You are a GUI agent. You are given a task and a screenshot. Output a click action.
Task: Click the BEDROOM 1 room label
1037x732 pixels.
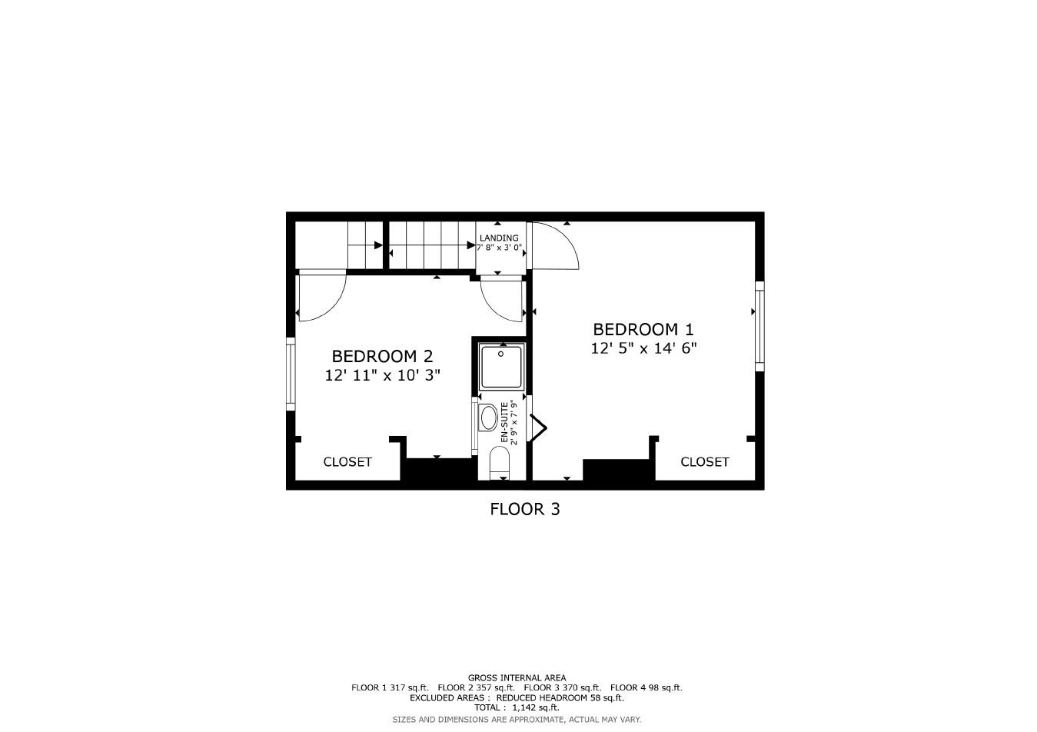[643, 330]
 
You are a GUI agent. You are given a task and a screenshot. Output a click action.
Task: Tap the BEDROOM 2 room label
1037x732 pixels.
[382, 357]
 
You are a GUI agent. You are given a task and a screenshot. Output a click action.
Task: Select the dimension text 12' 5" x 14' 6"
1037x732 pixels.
[643, 348]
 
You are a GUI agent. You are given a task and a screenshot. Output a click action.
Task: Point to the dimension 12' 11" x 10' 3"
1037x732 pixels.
[382, 376]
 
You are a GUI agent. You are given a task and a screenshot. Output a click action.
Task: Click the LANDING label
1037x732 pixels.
[499, 238]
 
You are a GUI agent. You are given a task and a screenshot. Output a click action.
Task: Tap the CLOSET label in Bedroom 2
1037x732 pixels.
[347, 462]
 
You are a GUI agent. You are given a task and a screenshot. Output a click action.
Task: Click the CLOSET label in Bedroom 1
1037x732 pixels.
[704, 462]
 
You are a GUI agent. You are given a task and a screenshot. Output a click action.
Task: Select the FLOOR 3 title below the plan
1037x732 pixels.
[525, 509]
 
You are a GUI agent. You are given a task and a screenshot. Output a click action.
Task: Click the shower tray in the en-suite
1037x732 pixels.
[501, 367]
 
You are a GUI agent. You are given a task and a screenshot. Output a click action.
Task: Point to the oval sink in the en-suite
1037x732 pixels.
[488, 418]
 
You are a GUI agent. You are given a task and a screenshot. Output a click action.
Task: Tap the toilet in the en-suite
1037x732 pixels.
[500, 464]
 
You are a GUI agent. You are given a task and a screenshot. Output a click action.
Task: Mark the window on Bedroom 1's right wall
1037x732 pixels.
[759, 323]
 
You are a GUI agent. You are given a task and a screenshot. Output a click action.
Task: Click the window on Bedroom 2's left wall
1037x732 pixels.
[291, 374]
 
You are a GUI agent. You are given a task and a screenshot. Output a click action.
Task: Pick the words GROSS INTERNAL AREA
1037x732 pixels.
[517, 678]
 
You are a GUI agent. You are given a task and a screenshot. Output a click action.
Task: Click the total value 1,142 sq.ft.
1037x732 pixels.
[537, 707]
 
